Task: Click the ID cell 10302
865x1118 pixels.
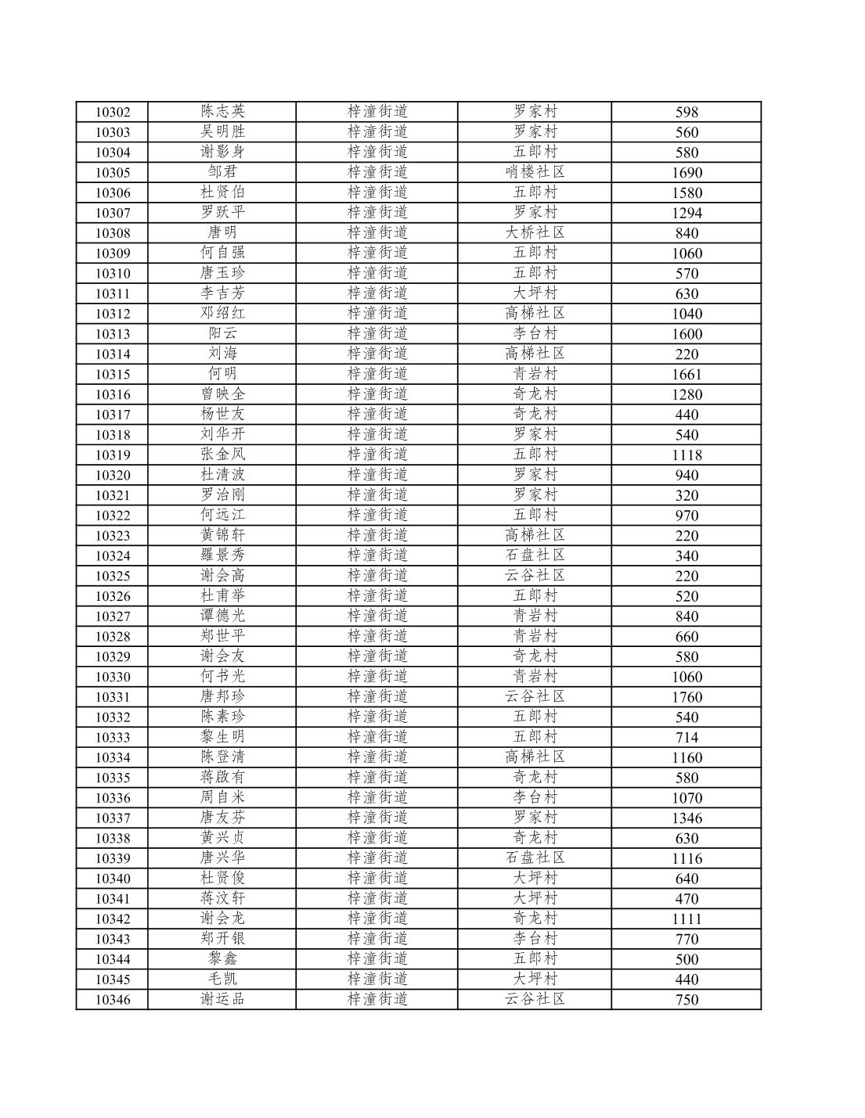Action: [x=113, y=112]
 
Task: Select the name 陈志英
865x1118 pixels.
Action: [x=222, y=112]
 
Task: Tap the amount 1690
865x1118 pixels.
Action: [x=687, y=173]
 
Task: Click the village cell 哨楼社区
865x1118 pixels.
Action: [x=535, y=172]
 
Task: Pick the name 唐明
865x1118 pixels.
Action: [x=222, y=233]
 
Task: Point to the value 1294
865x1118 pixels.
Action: [x=687, y=213]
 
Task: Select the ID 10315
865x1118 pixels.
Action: [x=113, y=375]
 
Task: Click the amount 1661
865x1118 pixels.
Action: [x=687, y=375]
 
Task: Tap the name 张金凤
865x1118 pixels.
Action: [x=222, y=455]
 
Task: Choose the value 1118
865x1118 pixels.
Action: [x=687, y=455]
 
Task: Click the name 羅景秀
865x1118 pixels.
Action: [x=222, y=556]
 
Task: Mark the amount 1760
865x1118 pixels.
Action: [x=687, y=697]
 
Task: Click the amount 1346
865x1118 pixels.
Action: [x=687, y=818]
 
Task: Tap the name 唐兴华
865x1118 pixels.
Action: [x=222, y=858]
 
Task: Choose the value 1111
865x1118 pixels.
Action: [x=687, y=919]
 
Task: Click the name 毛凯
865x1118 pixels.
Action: [x=222, y=980]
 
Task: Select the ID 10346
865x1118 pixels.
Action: [x=113, y=1000]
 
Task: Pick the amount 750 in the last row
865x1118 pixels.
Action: [x=687, y=1000]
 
